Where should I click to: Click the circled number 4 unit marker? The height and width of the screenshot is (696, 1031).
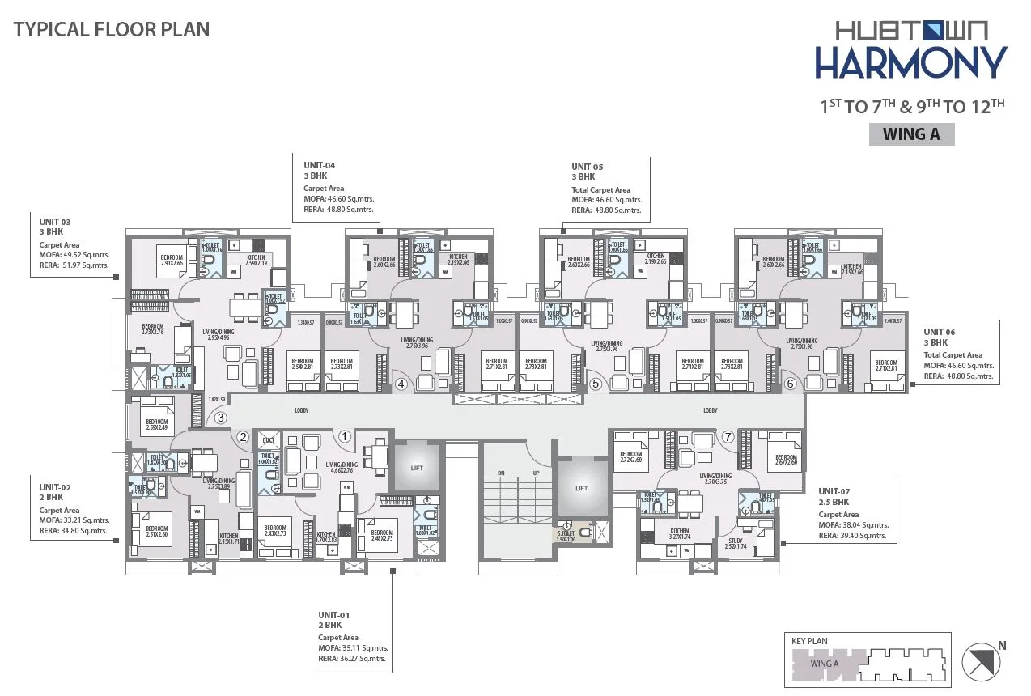click(x=401, y=384)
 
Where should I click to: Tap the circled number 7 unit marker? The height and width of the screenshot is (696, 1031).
click(x=728, y=437)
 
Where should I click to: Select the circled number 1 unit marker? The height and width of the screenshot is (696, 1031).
click(x=345, y=437)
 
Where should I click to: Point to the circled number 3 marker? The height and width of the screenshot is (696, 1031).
click(x=219, y=418)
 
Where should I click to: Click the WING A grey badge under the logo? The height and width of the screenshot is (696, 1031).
click(x=911, y=134)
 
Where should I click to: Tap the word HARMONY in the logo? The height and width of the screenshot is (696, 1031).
click(x=910, y=63)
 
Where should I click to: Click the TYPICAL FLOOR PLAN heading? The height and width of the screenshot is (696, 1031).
click(x=112, y=30)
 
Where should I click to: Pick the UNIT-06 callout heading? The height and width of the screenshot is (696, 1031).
click(x=940, y=332)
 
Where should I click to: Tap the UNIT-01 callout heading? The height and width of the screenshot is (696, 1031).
click(x=333, y=614)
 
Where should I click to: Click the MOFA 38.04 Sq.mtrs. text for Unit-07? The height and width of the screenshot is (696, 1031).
click(x=853, y=524)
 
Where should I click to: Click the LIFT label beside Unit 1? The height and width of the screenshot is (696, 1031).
click(x=416, y=468)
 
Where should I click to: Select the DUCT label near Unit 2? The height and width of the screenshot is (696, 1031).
click(x=269, y=441)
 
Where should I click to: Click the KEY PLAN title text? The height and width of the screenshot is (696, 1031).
click(x=809, y=641)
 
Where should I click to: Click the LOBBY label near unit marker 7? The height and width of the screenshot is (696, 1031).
click(x=710, y=410)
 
